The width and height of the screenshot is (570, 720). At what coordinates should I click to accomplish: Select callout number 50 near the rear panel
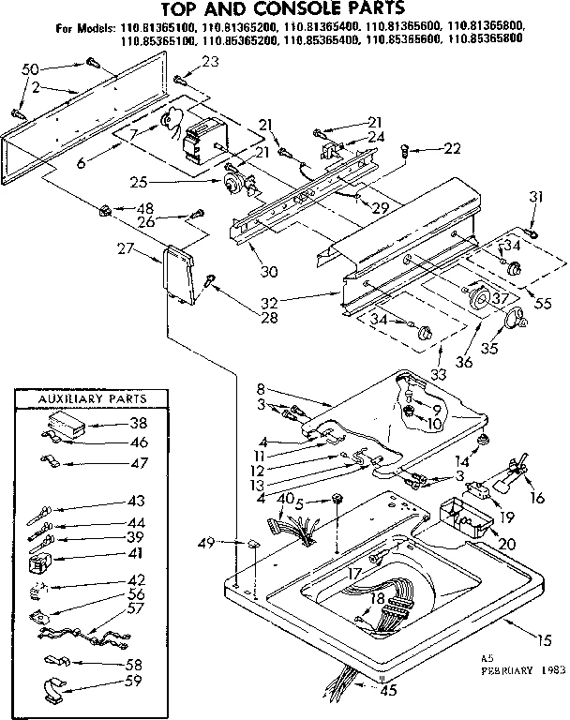point(30,68)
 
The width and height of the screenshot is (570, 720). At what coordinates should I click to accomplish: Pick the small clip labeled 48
point(106,208)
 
